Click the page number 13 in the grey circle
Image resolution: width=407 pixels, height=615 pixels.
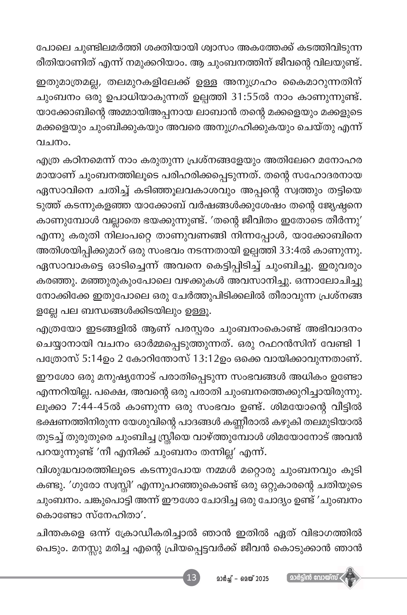pyautogui.click(x=192, y=578)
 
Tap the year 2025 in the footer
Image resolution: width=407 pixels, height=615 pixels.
pyautogui.click(x=262, y=579)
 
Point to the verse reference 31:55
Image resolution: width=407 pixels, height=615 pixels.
pyautogui.click(x=242, y=97)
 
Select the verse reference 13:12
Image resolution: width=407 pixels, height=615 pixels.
pyautogui.click(x=206, y=359)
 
